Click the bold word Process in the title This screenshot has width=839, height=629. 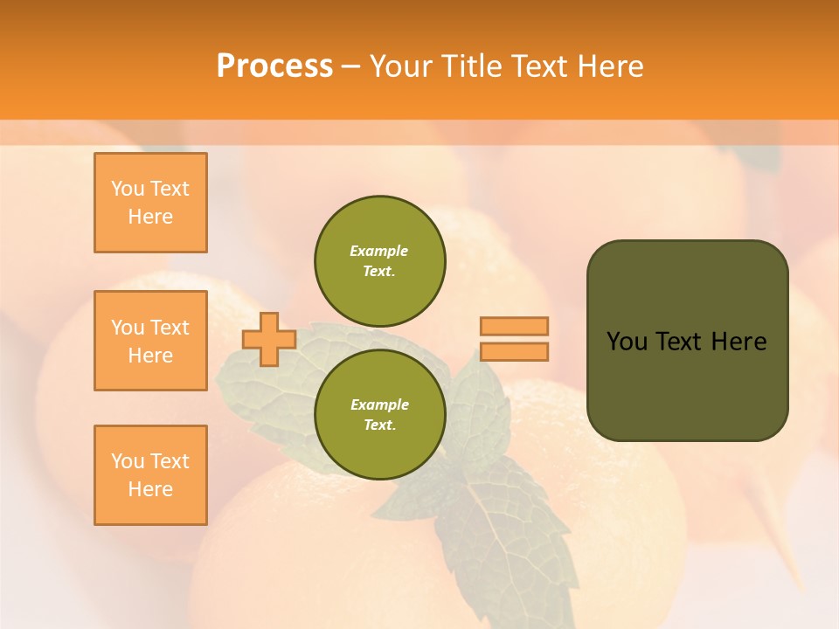pos(274,66)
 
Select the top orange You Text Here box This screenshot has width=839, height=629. pos(150,203)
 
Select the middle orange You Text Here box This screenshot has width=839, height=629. pos(150,341)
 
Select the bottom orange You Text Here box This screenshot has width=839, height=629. pos(150,475)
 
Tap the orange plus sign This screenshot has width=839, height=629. pos(269,340)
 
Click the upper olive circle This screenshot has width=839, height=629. pos(379,261)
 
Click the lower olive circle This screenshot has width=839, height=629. pos(379,414)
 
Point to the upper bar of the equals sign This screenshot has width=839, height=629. pos(515,327)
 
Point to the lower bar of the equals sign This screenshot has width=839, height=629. pos(515,352)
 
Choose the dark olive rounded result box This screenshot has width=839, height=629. pos(687,384)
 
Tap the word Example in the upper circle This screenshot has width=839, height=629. pos(379,251)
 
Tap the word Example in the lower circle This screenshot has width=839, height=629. pos(379,404)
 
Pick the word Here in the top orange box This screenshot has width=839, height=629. pos(150,217)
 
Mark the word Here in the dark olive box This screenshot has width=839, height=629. pos(738,342)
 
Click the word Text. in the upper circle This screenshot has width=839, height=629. pos(379,272)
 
